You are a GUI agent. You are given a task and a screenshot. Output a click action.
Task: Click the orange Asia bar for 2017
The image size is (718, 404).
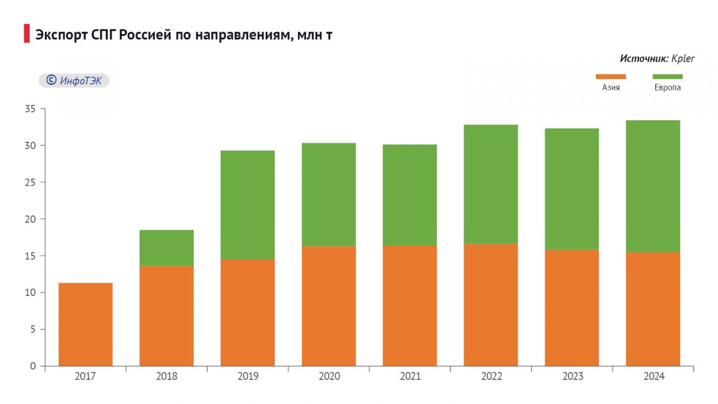[x=86, y=324]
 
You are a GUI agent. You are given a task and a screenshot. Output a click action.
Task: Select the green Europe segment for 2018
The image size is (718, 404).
[x=166, y=248]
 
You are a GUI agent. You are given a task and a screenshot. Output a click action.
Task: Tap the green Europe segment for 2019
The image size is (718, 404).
[x=248, y=205]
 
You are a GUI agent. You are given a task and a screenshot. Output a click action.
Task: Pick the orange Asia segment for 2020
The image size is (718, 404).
[x=328, y=306]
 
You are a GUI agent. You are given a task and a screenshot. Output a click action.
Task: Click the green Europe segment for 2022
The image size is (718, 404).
[x=491, y=184]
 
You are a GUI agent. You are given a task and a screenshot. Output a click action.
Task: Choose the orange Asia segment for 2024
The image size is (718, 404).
[x=653, y=309]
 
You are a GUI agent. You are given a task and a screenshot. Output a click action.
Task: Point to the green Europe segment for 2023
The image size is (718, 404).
[x=572, y=189]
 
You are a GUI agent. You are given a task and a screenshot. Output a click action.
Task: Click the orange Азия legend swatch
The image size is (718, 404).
[x=610, y=77]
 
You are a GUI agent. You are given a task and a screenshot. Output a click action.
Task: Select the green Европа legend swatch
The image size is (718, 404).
[x=667, y=77]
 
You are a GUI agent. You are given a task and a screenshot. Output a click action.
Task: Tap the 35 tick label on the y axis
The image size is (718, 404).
[x=31, y=109]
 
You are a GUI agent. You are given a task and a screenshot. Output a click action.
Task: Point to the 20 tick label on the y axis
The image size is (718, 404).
[x=31, y=219]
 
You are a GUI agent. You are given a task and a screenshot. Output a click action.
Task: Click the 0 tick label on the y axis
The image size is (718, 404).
[x=33, y=366]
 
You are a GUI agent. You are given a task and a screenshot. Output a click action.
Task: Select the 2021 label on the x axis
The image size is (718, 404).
[x=410, y=376]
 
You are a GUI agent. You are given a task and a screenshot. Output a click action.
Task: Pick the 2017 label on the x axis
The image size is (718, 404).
[x=86, y=376]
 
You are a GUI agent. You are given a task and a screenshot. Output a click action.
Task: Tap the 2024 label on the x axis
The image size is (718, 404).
[x=653, y=376]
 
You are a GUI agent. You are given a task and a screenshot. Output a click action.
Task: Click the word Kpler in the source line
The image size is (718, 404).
[x=683, y=59]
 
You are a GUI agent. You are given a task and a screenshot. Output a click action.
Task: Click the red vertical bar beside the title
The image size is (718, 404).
[x=26, y=34]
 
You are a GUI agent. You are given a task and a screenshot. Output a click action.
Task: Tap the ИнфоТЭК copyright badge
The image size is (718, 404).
[x=74, y=80]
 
